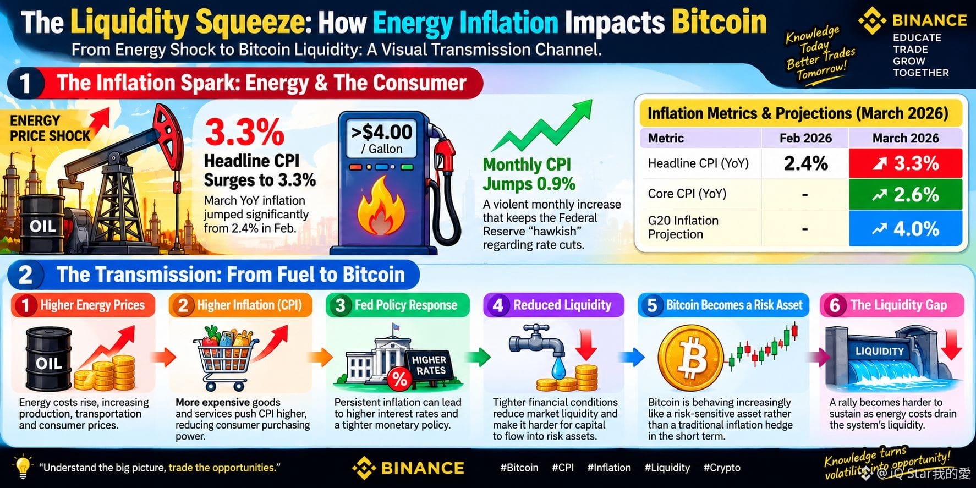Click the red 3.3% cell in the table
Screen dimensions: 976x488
click(905, 163)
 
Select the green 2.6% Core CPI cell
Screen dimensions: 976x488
click(905, 194)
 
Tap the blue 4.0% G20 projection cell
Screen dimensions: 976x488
click(905, 228)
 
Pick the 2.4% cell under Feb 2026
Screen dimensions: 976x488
click(805, 163)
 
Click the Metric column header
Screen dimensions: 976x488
click(666, 138)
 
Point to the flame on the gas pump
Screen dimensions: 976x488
click(381, 205)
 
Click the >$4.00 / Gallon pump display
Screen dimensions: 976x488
click(381, 138)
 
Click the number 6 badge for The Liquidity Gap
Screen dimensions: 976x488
click(835, 305)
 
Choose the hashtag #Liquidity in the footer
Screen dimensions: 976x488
click(667, 468)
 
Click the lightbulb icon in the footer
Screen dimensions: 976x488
click(23, 468)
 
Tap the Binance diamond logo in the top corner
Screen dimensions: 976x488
click(872, 20)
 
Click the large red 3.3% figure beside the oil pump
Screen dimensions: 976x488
click(244, 133)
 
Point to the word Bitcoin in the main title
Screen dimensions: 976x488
click(719, 23)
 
